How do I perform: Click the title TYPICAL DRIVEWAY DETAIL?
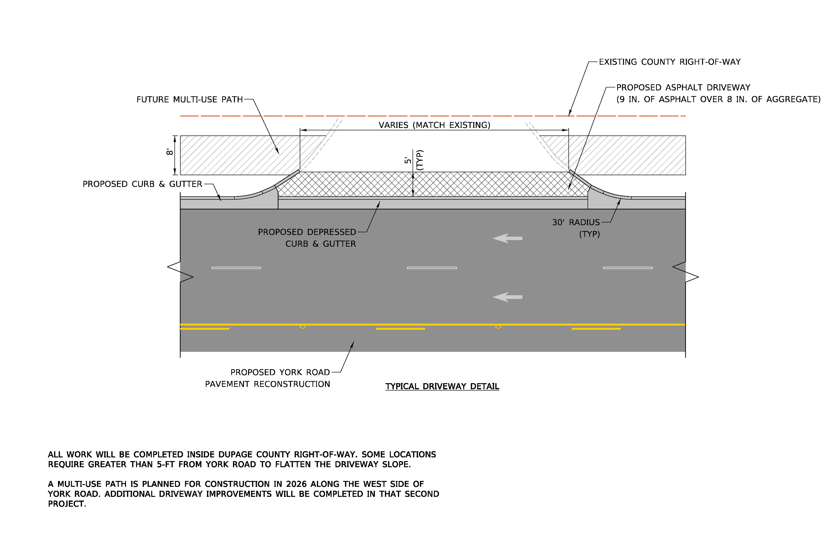coord(442,386)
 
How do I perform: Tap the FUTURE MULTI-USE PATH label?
coord(189,100)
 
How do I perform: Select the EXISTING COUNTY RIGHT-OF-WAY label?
coord(670,62)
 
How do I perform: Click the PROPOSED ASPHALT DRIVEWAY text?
coord(683,87)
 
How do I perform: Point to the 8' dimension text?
coord(170,152)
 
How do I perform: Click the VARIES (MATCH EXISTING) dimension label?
coord(435,125)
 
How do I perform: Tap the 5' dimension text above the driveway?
coord(408,160)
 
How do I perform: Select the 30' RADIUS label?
coord(576,222)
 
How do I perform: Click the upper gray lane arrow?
coord(508,238)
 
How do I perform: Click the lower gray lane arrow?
coord(508,297)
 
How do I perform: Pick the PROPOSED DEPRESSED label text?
coord(307,232)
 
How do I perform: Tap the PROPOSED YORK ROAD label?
coord(280,372)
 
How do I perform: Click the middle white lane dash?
coord(432,268)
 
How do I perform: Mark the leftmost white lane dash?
coord(236,268)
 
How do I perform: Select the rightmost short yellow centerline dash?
coord(596,329)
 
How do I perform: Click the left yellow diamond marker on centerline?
coord(303,327)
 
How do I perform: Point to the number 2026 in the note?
coord(296,484)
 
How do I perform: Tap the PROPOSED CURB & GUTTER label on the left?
coord(142,184)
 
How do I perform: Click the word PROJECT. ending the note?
coord(67,504)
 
